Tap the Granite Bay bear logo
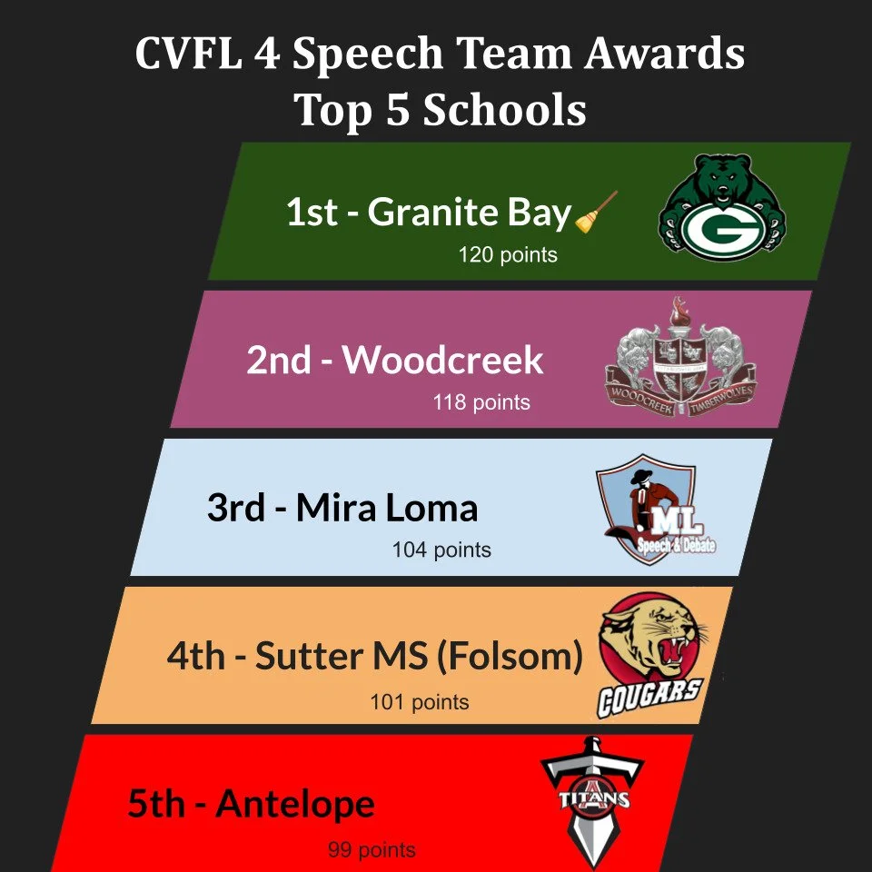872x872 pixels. [722, 209]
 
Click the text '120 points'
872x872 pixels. [508, 254]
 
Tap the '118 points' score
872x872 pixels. [481, 401]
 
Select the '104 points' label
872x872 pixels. [441, 550]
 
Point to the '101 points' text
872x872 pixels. [420, 701]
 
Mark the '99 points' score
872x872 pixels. [372, 850]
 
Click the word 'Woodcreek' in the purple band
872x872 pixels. [442, 361]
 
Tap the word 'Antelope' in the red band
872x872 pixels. [295, 805]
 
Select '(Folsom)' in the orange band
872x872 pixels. [510, 656]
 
